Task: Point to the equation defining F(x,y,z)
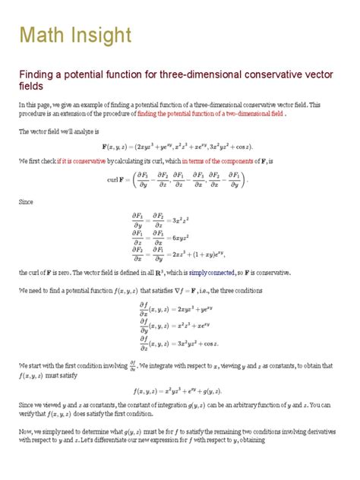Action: click(179, 146)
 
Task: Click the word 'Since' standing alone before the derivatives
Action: click(28, 204)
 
